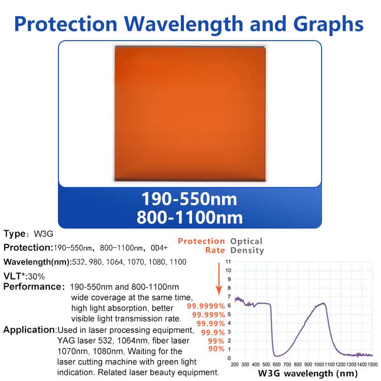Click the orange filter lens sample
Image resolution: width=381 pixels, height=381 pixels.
click(189, 113)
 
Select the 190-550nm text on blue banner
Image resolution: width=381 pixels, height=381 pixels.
click(189, 199)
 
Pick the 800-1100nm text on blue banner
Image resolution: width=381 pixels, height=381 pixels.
click(189, 217)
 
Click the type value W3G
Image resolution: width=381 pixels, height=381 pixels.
click(43, 234)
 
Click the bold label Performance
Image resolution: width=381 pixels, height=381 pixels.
click(33, 287)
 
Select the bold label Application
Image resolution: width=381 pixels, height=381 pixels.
click(29, 330)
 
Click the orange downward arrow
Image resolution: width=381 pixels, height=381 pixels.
click(219, 279)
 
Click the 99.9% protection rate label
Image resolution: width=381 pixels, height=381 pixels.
click(213, 332)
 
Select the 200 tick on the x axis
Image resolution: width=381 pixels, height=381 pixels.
click(235, 365)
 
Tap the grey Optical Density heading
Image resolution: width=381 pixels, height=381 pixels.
click(246, 246)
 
